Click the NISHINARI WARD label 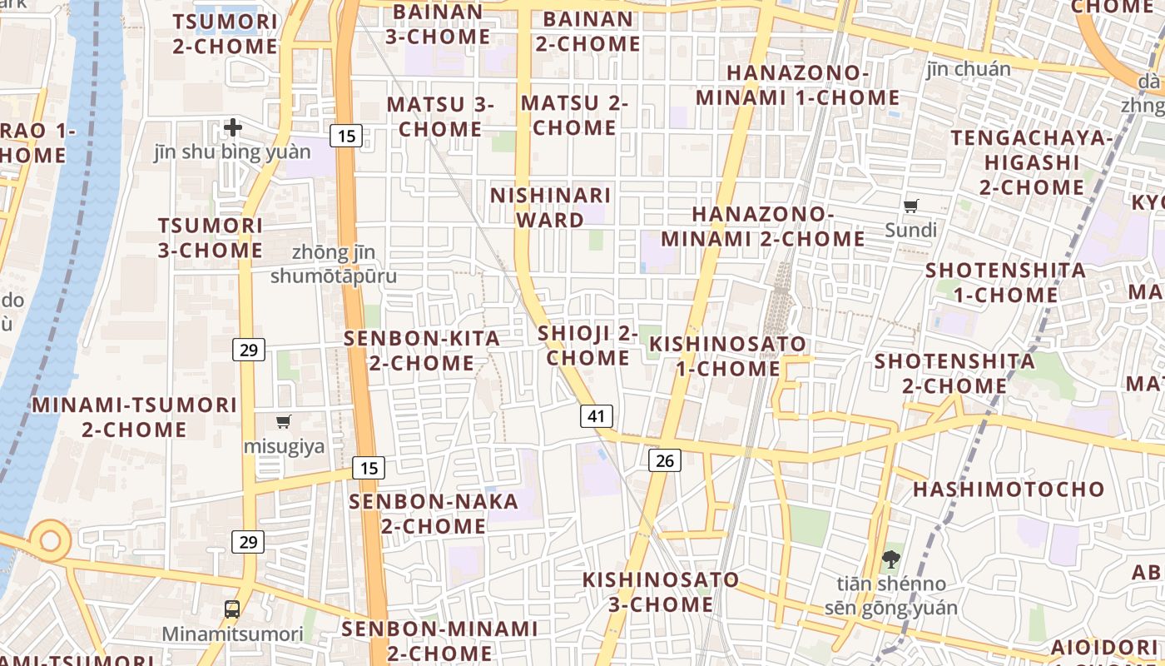[550, 207]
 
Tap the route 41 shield [596, 416]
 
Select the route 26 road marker [664, 460]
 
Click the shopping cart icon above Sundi [911, 206]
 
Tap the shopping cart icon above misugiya [284, 421]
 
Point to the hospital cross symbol [233, 127]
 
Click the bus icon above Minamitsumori [232, 609]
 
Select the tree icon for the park [890, 559]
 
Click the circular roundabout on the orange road [50, 540]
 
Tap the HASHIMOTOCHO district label [1009, 489]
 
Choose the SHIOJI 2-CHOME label [587, 345]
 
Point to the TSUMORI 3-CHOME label [211, 237]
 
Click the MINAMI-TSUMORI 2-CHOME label [135, 417]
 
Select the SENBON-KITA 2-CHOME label [423, 350]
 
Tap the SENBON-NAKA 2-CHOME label [434, 514]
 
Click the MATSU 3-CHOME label [440, 117]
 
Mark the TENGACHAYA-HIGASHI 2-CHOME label [1032, 162]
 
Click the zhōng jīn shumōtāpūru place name [334, 264]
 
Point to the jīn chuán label [969, 69]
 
